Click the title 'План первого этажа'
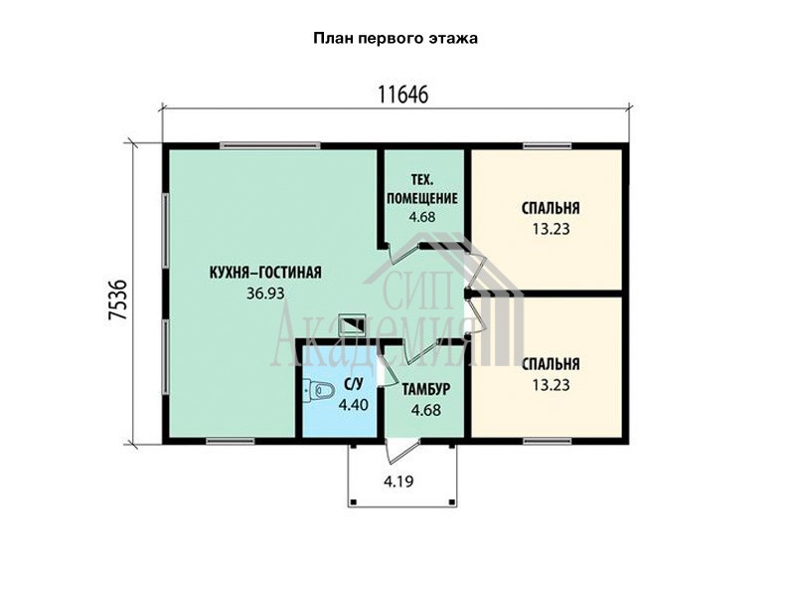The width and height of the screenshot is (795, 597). click(x=396, y=39)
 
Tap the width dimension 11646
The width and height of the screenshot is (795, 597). click(x=403, y=95)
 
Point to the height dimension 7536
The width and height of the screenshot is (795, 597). click(x=117, y=299)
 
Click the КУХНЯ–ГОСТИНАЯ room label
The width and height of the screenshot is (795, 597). click(x=265, y=273)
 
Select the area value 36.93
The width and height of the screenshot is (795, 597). click(x=265, y=293)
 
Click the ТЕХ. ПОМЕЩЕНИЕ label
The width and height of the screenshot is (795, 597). click(x=421, y=189)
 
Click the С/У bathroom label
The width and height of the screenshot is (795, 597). click(x=354, y=385)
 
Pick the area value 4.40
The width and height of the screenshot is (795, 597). click(x=354, y=405)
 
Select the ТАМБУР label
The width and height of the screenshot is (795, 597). click(x=426, y=389)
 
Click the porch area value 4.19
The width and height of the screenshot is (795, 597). click(x=398, y=481)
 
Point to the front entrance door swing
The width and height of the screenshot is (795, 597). click(x=401, y=452)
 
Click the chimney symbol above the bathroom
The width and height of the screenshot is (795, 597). click(x=352, y=322)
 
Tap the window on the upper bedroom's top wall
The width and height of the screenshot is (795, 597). click(x=548, y=146)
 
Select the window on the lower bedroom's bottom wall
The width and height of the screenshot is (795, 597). click(x=548, y=441)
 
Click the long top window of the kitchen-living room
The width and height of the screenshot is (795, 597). click(x=270, y=146)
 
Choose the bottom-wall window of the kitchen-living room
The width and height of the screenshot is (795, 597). click(x=231, y=441)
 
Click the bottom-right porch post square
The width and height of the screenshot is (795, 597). click(x=452, y=501)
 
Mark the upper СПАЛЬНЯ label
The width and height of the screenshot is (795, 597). click(x=551, y=208)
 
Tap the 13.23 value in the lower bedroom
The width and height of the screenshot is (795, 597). click(x=551, y=385)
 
